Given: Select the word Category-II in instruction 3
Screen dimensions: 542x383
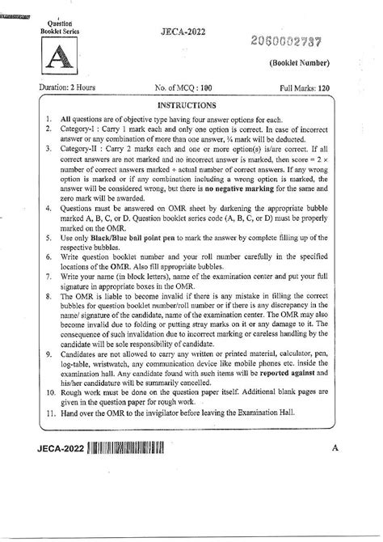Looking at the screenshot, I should click(x=81, y=150).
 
